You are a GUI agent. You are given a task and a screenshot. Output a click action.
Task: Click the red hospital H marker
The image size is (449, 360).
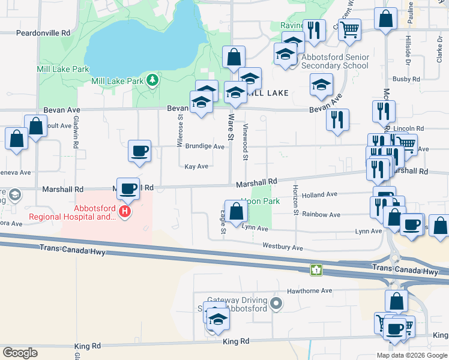pyautogui.click(x=125, y=212)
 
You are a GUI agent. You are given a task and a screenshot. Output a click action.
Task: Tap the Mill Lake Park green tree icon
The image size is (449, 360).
pyautogui.click(x=152, y=80)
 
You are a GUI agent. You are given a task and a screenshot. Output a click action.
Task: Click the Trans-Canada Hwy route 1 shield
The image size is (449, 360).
pyautogui.click(x=316, y=271)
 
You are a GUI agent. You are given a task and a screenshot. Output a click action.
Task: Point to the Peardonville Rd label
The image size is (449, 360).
pyautogui.click(x=44, y=32)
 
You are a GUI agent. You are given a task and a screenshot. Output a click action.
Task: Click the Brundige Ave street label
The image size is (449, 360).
pyautogui.click(x=204, y=146)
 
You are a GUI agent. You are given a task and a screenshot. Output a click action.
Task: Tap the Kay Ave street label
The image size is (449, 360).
pyautogui.click(x=196, y=167)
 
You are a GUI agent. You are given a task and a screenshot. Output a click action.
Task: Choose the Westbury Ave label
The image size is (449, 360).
pyautogui.click(x=283, y=247)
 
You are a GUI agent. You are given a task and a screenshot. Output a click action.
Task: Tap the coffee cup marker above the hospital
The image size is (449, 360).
pyautogui.click(x=128, y=188)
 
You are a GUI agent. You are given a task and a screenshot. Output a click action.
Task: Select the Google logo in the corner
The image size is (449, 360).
pyautogui.click(x=20, y=352)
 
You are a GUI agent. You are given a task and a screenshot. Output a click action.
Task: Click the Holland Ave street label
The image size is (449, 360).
pyautogui.click(x=320, y=194)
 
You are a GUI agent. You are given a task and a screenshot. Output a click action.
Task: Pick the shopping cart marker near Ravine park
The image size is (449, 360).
pyautogui.click(x=349, y=29)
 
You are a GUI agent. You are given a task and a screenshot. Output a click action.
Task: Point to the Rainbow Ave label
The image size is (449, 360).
pyautogui.click(x=321, y=214)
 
